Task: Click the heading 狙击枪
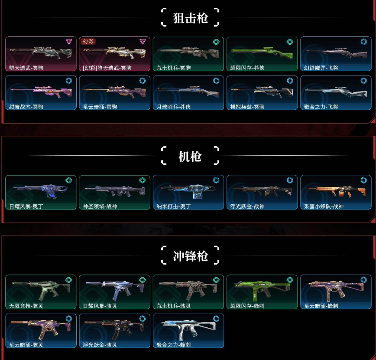(x=190, y=18)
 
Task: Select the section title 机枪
(x=190, y=156)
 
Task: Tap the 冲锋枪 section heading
(x=190, y=256)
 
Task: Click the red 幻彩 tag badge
(x=88, y=42)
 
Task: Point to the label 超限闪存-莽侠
(x=247, y=68)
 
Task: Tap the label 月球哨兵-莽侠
(x=173, y=107)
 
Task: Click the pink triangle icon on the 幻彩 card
(x=143, y=42)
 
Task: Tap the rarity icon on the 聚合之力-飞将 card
(x=363, y=81)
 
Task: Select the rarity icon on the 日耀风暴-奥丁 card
(x=68, y=180)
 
